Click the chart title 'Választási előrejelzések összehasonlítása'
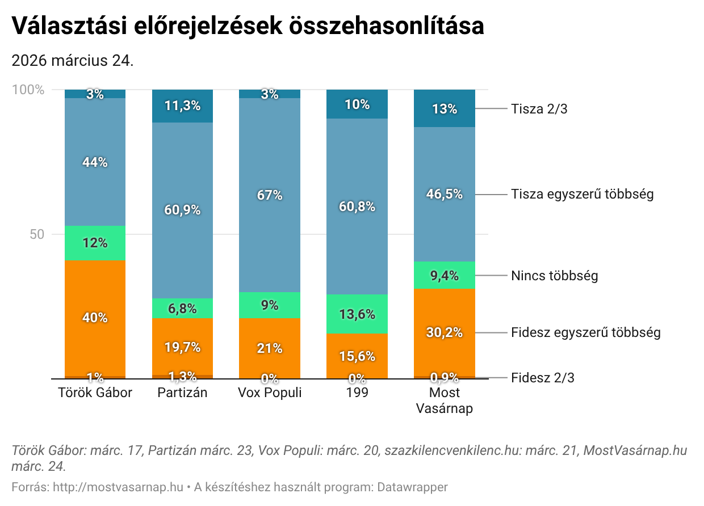point(248,26)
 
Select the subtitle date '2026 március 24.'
point(73,61)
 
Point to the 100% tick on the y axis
point(28,90)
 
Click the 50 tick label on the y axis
point(37,234)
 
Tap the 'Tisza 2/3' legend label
point(539,109)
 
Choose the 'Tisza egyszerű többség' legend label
point(582,194)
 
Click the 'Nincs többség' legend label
point(554,276)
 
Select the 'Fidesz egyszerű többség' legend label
point(585,332)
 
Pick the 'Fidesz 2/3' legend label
point(542,378)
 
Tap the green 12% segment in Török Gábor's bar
point(95,243)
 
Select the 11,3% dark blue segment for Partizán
point(182,106)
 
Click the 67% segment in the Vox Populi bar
point(270,195)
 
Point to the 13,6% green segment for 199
point(357,314)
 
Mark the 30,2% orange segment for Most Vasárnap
point(445,332)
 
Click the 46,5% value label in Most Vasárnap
point(445,194)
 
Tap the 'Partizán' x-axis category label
point(182,393)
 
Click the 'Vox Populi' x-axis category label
point(270,393)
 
